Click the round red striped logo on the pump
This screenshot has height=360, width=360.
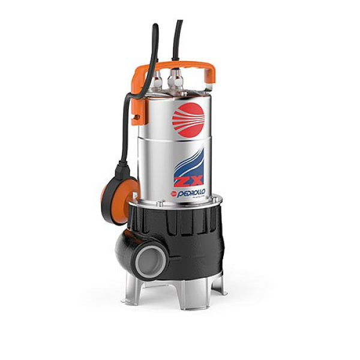click(188, 118)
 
